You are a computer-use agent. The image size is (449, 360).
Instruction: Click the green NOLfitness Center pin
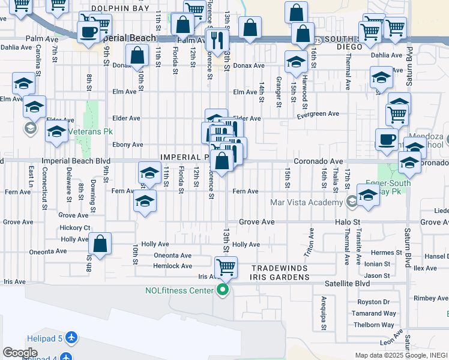223,291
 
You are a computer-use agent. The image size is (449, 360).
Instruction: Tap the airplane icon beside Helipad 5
71,338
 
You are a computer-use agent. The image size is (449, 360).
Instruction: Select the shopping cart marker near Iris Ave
226,267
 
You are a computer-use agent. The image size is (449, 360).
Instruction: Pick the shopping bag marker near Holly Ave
100,244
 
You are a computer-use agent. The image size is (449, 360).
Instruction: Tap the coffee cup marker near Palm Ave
88,32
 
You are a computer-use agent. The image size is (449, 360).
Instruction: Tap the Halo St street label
347,222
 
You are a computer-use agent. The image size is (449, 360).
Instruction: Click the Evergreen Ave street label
317,114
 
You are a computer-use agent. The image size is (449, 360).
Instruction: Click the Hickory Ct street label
75,228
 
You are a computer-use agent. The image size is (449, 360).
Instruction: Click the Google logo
20,352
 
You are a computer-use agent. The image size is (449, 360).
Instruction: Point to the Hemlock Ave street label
173,266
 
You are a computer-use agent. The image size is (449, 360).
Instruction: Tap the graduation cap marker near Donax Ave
295,62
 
